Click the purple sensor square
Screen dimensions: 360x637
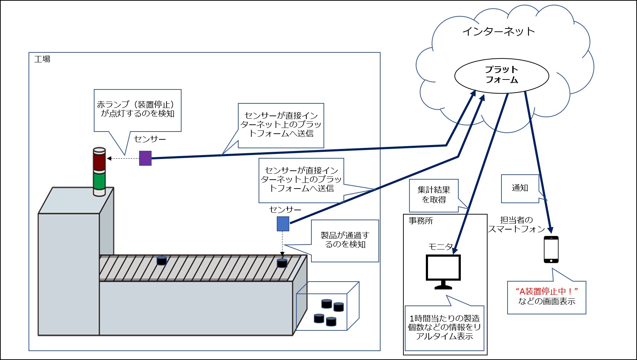145,158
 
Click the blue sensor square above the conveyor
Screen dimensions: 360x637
283,224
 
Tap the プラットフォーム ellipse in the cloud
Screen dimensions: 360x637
501,75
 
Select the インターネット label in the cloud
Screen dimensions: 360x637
498,31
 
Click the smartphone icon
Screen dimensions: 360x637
551,250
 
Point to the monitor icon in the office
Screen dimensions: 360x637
443,271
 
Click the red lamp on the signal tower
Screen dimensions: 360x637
99,161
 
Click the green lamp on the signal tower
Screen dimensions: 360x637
99,181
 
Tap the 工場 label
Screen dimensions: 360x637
42,59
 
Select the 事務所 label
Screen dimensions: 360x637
421,221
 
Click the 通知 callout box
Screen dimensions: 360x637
520,188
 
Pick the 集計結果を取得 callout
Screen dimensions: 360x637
434,195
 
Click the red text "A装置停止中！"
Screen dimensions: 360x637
546,291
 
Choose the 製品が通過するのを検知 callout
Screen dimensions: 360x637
345,240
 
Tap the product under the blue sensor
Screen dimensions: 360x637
282,263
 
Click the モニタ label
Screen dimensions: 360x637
440,247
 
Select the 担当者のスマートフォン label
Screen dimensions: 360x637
516,225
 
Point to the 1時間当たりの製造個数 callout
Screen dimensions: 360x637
444,327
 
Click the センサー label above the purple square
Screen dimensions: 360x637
150,139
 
